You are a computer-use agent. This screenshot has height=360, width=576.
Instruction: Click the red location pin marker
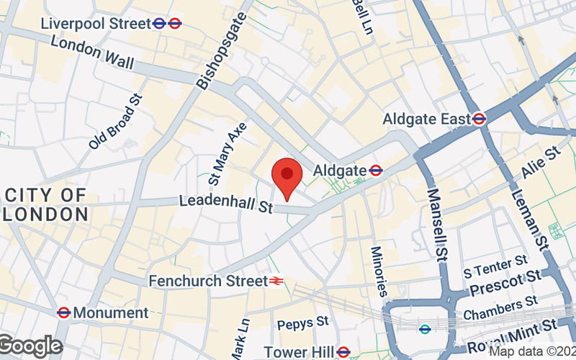pos(287,176)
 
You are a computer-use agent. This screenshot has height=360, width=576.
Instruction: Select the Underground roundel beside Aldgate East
pos(480,118)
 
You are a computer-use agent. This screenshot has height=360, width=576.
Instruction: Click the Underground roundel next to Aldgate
pos(375,171)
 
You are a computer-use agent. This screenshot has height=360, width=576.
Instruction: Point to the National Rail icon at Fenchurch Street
pos(276,281)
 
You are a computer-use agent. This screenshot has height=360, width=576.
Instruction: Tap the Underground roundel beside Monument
pos(63,312)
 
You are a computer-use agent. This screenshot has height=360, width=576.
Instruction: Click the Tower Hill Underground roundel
pos(344,352)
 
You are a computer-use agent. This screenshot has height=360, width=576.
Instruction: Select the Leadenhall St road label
pos(226,204)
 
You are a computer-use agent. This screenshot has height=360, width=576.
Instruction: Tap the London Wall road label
pos(92,52)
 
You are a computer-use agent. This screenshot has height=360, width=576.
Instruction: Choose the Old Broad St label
pos(116,122)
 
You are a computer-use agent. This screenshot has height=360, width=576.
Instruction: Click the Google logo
pos(30,347)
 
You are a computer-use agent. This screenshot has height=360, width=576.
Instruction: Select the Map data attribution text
pos(533,351)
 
